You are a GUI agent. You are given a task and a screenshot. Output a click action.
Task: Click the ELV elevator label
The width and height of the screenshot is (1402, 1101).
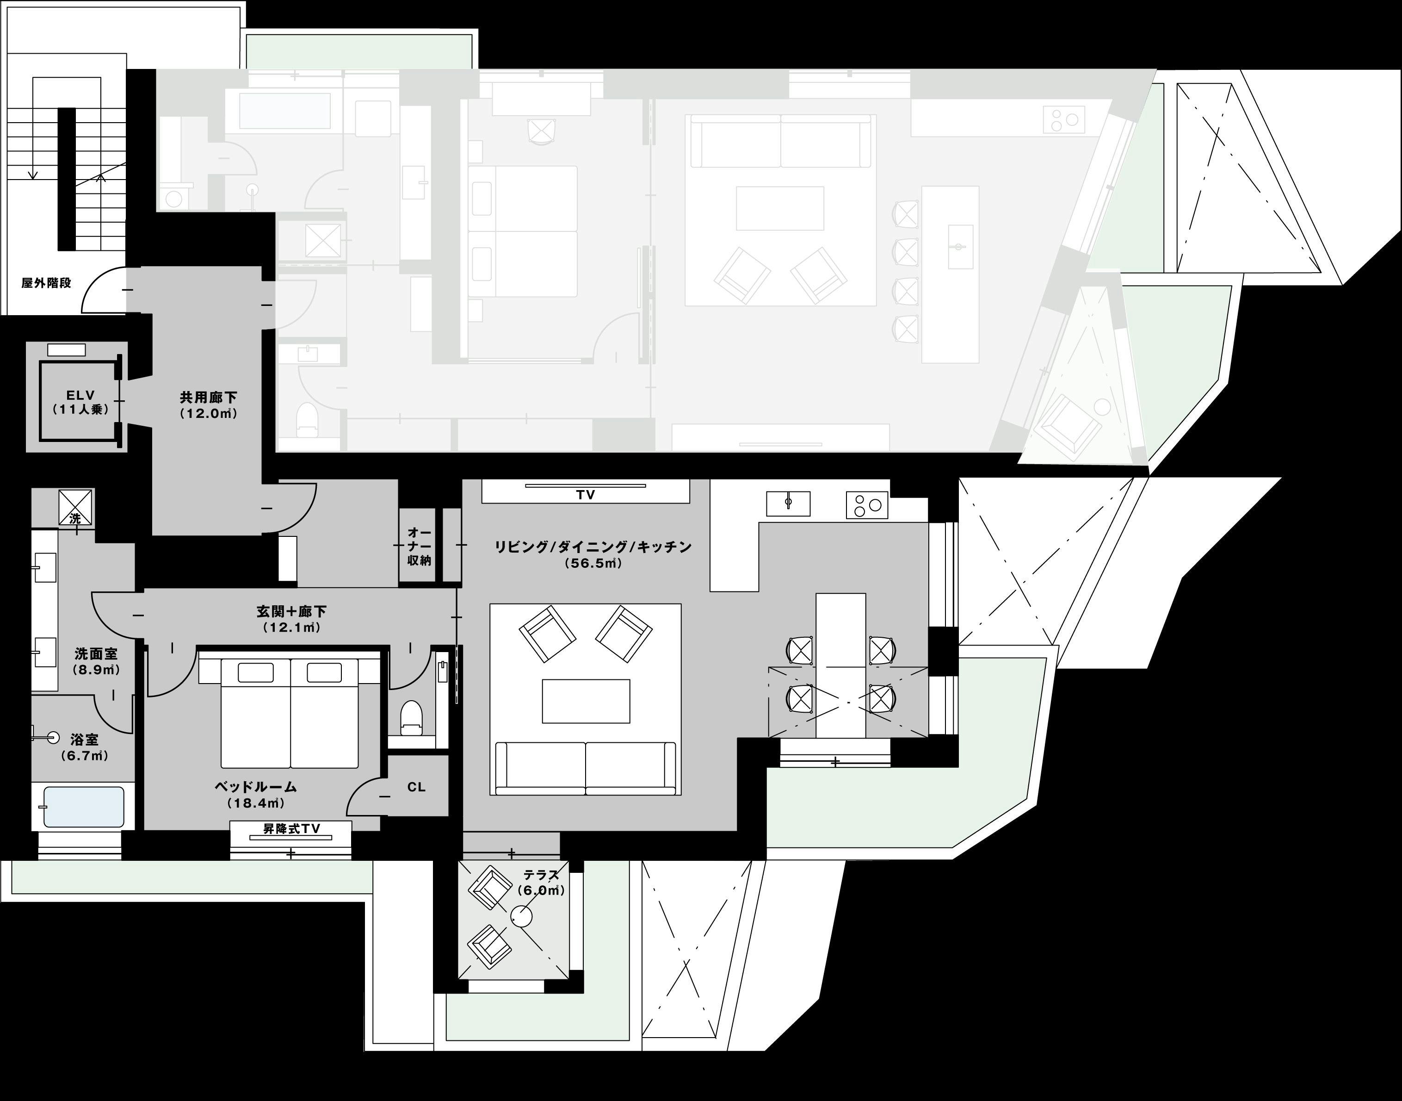tap(80, 395)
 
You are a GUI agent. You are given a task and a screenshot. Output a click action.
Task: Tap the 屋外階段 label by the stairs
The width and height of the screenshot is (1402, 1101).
tap(46, 283)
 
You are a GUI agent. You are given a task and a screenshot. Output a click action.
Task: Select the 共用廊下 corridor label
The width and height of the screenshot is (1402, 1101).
tap(209, 398)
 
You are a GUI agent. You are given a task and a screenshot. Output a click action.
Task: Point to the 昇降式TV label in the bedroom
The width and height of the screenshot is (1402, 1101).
tap(292, 828)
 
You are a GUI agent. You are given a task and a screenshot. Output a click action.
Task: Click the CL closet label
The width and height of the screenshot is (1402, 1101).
tap(416, 787)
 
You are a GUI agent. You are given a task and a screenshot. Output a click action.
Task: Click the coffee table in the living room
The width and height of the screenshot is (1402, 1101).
tap(586, 701)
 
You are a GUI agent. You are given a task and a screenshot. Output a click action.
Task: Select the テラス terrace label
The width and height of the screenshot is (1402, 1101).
tap(541, 875)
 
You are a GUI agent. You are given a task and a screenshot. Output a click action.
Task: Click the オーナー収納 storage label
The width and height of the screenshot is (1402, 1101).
tap(419, 547)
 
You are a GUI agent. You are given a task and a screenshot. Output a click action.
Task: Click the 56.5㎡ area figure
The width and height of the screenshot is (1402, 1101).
tap(593, 563)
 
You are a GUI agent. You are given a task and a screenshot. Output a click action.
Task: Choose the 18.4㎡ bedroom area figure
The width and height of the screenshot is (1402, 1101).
tap(256, 803)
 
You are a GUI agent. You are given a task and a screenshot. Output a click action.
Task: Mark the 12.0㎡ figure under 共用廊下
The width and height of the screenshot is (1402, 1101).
tap(209, 414)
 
